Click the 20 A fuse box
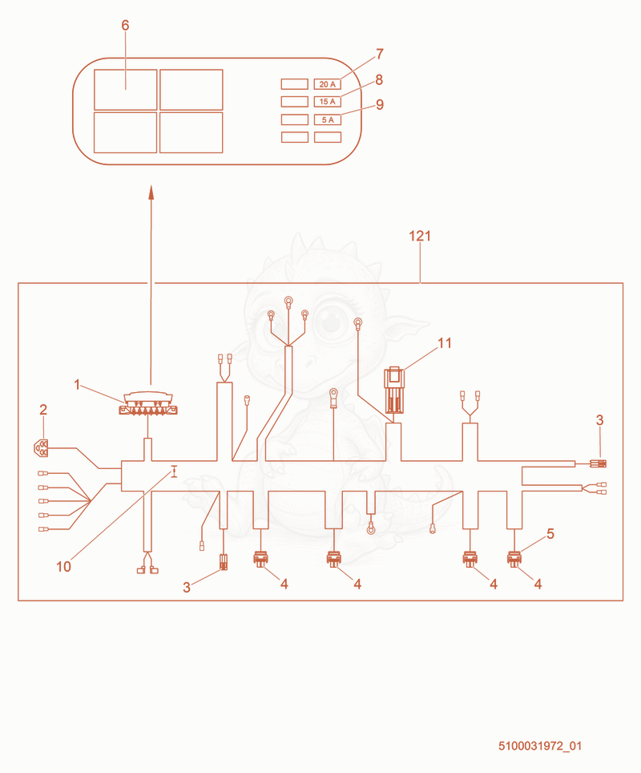point(328,84)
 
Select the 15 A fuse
point(328,102)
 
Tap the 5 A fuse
point(328,119)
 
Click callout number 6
point(125,25)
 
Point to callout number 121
point(420,236)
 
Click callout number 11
point(445,343)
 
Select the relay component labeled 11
point(394,390)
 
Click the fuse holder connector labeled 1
point(148,403)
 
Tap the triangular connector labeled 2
point(41,447)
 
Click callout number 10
point(63,567)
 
